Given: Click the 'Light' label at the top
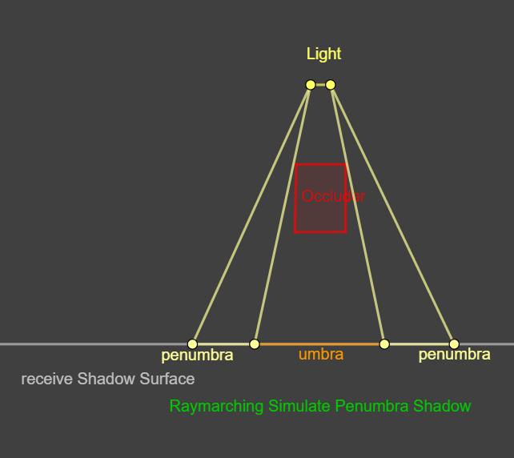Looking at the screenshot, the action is pyautogui.click(x=323, y=54).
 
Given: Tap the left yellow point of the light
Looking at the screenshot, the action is pyautogui.click(x=311, y=84).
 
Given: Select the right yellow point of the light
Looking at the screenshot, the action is pyautogui.click(x=331, y=84).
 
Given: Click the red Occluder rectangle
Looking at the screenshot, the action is pyautogui.click(x=320, y=216).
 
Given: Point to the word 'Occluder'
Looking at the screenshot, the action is pyautogui.click(x=333, y=196).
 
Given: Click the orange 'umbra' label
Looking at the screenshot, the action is pyautogui.click(x=321, y=354).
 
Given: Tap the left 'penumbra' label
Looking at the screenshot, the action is pyautogui.click(x=197, y=355).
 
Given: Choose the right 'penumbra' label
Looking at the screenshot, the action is pyautogui.click(x=454, y=354).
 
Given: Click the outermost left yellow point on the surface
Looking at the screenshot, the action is pyautogui.click(x=192, y=343).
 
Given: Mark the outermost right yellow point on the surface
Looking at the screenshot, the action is pyautogui.click(x=454, y=343).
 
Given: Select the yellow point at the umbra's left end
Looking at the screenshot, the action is pyautogui.click(x=255, y=343).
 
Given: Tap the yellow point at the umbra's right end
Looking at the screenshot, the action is pyautogui.click(x=384, y=343).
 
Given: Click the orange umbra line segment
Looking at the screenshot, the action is pyautogui.click(x=319, y=343).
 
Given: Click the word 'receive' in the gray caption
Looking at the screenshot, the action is pyautogui.click(x=47, y=379).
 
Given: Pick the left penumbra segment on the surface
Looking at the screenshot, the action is pyautogui.click(x=223, y=343).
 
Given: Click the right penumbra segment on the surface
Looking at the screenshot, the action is pyautogui.click(x=419, y=343).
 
